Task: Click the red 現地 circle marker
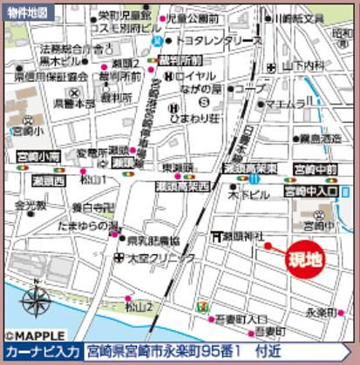click(305, 259)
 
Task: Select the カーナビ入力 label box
click(42, 352)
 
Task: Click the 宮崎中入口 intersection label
click(312, 190)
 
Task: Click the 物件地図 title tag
click(28, 12)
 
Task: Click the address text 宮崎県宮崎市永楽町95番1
click(164, 352)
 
